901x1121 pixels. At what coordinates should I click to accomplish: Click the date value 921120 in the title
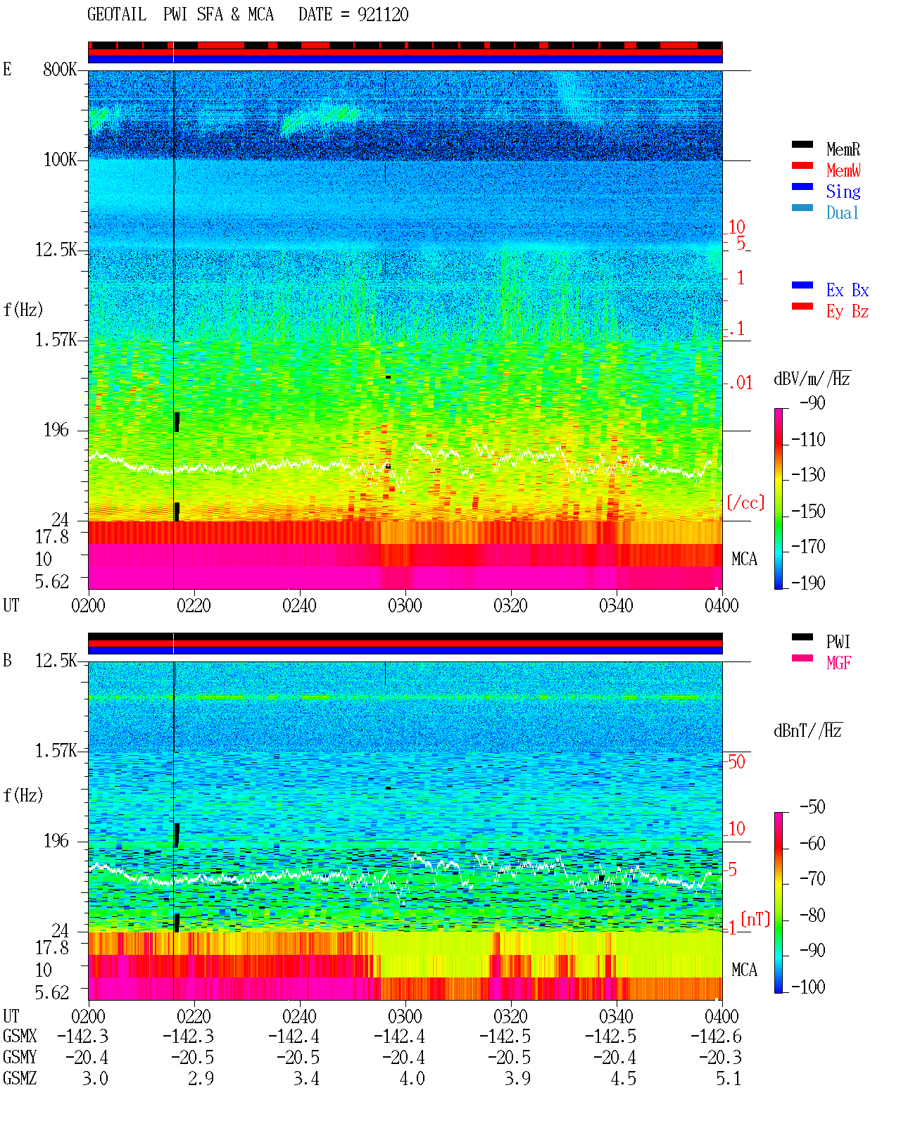coord(382,15)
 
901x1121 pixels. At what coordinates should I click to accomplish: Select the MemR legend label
coord(843,149)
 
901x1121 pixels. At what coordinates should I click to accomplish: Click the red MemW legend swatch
coord(802,165)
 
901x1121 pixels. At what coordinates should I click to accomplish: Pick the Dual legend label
coord(842,213)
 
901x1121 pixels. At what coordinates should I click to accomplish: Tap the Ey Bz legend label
coord(847,311)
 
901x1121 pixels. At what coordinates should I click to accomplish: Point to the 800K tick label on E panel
coord(60,69)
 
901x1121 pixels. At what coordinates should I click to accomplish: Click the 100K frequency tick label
coord(60,160)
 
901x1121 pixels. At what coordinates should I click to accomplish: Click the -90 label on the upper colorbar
coord(812,403)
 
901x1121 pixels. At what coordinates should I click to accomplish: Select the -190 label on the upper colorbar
coord(807,583)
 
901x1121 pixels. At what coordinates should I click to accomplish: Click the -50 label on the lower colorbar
coord(812,806)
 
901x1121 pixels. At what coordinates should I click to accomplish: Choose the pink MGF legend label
coord(838,663)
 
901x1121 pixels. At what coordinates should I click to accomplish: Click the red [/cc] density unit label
coord(745,502)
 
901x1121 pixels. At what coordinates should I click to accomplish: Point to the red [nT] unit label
coord(755,919)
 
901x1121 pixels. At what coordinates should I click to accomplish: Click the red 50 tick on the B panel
coord(736,761)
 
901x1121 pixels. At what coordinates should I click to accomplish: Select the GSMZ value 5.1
coord(728,1078)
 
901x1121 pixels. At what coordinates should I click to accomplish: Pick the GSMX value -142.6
coord(715,1036)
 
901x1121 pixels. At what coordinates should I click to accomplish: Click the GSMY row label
coord(20,1057)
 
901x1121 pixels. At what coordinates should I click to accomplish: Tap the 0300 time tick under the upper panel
coord(405,605)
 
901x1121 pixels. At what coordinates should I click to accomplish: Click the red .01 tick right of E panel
coord(740,383)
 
